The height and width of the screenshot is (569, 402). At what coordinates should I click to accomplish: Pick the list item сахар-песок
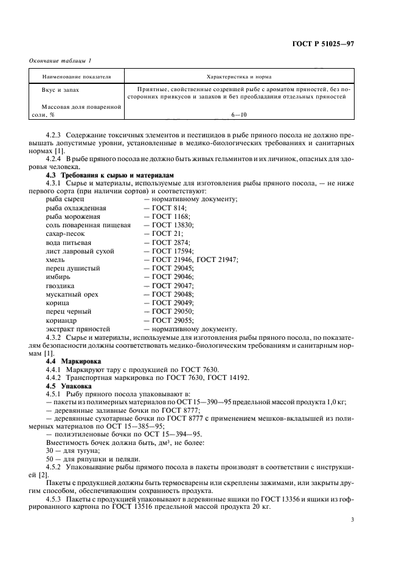pos(67,233)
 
